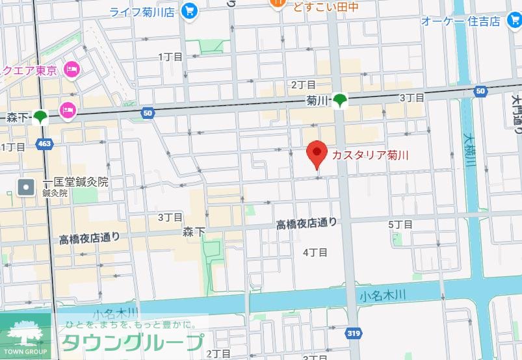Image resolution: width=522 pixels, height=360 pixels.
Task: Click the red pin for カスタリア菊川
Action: tap(317, 153)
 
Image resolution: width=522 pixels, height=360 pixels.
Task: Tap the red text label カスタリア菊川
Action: tap(371, 155)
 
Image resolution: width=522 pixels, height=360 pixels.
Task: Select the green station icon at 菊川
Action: tap(340, 101)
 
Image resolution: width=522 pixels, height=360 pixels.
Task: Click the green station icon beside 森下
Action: tap(41, 118)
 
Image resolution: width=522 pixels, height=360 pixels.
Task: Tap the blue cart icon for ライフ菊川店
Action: tap(190, 11)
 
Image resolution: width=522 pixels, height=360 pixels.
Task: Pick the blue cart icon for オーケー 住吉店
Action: tap(513, 21)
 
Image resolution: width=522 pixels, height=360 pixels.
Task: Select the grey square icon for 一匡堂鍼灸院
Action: tap(26, 188)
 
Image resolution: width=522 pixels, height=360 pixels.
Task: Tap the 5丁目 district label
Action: tap(400, 224)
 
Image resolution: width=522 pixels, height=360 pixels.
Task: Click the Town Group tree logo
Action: tap(25, 334)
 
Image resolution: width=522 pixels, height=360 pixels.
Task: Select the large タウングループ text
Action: tap(132, 342)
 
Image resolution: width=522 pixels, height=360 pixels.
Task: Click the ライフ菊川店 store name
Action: tap(141, 11)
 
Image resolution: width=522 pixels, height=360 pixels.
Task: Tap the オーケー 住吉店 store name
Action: tap(460, 21)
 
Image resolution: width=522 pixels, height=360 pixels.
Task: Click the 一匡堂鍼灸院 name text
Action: tap(75, 182)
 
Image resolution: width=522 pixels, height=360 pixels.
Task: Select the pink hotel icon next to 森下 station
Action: tap(68, 110)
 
